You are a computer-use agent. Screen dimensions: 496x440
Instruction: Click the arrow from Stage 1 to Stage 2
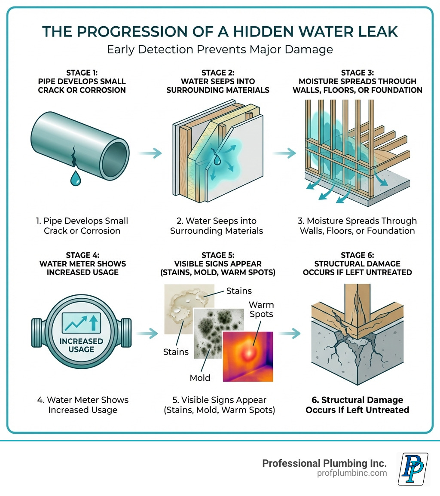pyautogui.click(x=150, y=153)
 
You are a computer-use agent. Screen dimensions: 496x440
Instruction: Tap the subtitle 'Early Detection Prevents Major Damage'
pyautogui.click(x=220, y=49)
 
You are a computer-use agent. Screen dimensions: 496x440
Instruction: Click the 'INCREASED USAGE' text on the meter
pyautogui.click(x=81, y=345)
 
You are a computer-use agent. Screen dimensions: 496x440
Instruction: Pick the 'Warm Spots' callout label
pyautogui.click(x=261, y=309)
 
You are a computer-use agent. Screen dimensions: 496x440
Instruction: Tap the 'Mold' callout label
pyautogui.click(x=200, y=378)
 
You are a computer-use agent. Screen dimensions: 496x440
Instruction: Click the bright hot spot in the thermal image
pyautogui.click(x=248, y=353)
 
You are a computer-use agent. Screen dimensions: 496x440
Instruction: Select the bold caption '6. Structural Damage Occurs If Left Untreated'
pyautogui.click(x=357, y=405)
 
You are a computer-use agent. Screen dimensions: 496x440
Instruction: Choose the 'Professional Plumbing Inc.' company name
pyautogui.click(x=324, y=463)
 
